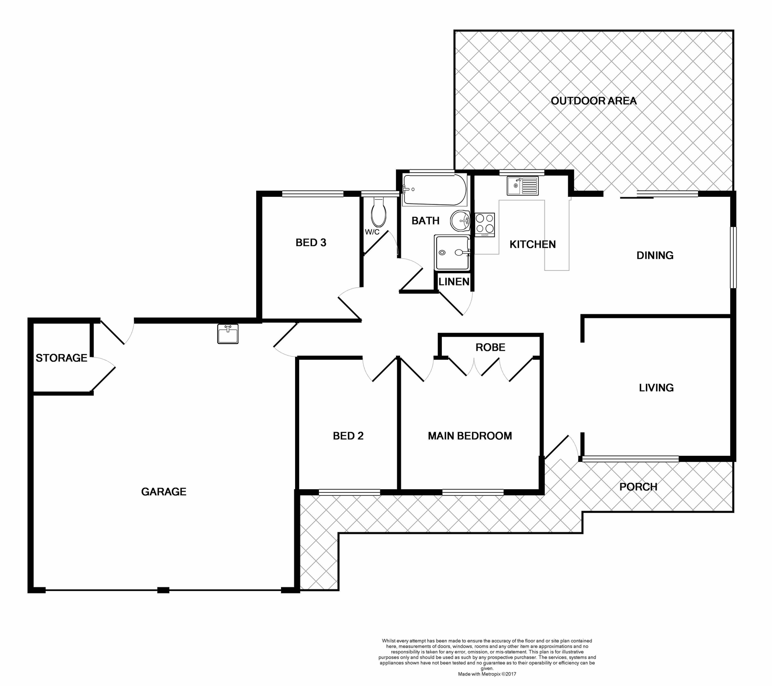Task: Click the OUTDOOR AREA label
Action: coord(593,101)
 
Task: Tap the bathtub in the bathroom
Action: coord(434,190)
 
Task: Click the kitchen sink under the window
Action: coord(522,185)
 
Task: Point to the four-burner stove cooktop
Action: coord(485,225)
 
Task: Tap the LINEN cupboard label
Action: coord(454,282)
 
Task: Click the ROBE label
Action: coord(490,347)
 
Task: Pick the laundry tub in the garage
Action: coord(228,334)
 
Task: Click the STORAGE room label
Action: coord(61,358)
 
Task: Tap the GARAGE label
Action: coord(164,491)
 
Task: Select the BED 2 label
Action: coord(348,436)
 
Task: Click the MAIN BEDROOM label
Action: coord(470,436)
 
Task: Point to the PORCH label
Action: coord(638,487)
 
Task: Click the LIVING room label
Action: coord(656,387)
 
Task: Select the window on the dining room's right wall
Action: coord(733,258)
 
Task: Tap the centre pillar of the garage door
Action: coord(163,590)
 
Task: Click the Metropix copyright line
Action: coord(487,674)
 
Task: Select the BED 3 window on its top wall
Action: coord(312,194)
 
